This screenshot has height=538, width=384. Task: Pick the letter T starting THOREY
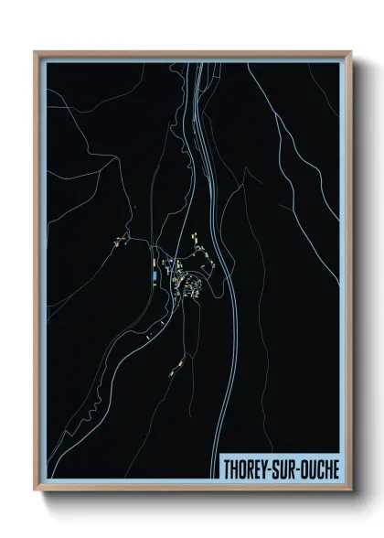click(x=228, y=468)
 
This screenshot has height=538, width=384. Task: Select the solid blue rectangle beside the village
click(x=155, y=274)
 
